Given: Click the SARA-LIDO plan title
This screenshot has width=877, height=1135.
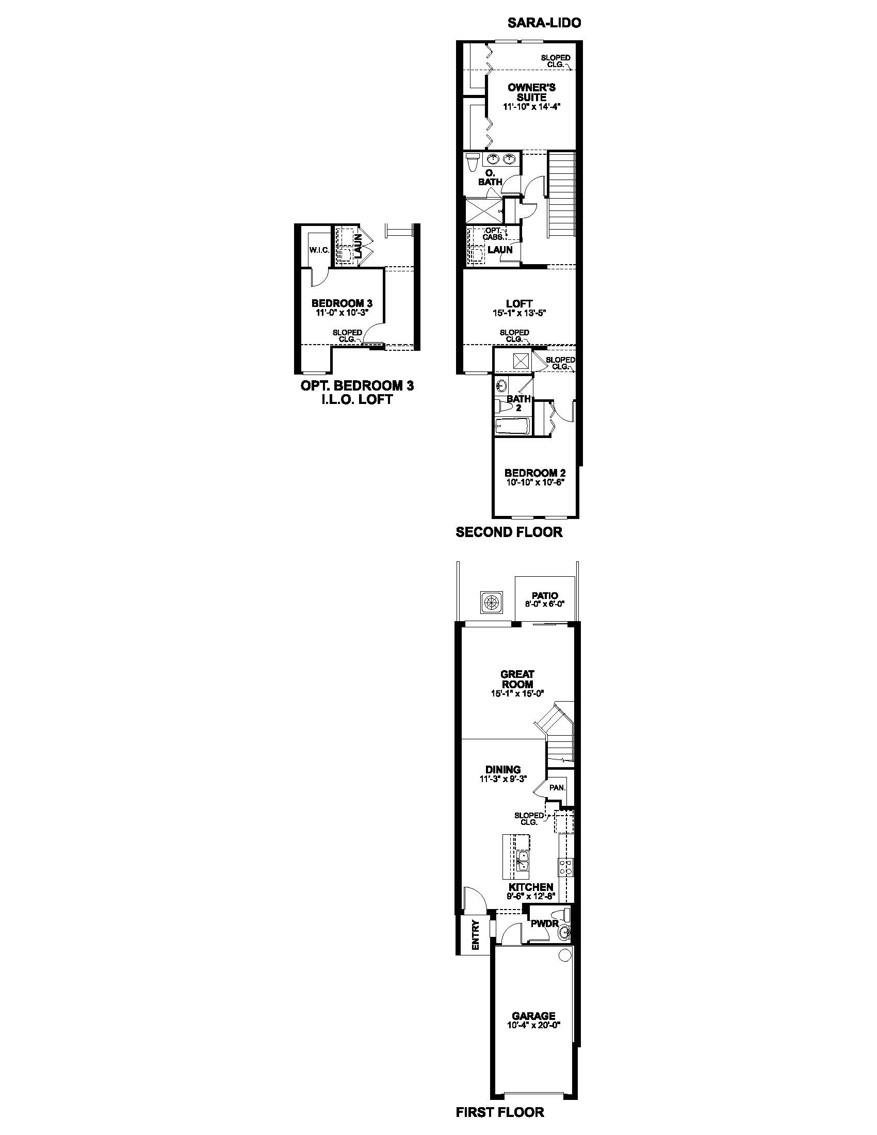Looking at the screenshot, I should point(544,23).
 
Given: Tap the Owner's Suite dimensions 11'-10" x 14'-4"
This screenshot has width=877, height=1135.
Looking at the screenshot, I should point(532,107).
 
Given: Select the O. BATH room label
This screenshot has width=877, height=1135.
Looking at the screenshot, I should point(490,177).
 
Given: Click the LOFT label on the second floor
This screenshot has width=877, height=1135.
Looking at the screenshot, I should point(519,303).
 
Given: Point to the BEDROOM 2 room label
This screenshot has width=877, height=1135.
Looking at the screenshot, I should point(534,473).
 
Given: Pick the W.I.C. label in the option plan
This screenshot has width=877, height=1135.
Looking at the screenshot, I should point(319,250).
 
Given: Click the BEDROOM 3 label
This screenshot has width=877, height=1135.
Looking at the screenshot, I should point(342,303).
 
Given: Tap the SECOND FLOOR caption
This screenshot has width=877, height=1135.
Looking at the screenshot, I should point(509,532).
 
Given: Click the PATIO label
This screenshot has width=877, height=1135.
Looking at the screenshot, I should point(544,595).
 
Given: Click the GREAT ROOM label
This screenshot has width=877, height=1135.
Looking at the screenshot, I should point(517,679).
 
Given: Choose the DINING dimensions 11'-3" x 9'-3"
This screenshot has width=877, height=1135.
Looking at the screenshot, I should point(504,779).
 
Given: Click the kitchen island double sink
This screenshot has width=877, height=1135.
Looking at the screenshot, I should point(523,860).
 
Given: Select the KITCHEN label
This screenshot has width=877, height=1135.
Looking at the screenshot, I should point(530,887).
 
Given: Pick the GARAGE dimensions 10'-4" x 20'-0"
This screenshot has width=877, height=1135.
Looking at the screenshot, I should point(533,1025).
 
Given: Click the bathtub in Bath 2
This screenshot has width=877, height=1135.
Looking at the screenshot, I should point(512,426).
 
